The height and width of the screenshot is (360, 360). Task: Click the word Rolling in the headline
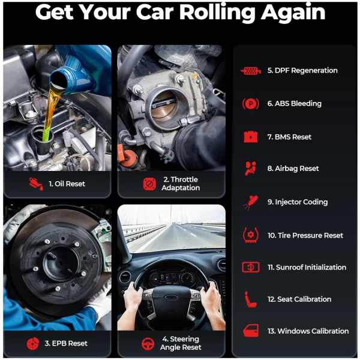[x=217, y=13]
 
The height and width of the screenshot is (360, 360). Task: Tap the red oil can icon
[x=36, y=184]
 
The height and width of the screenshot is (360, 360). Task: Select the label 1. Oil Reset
[x=67, y=184]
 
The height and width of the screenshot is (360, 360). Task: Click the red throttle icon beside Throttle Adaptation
[x=149, y=184]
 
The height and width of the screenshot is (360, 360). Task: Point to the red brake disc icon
[x=33, y=343]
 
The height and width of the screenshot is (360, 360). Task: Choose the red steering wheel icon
[x=148, y=343]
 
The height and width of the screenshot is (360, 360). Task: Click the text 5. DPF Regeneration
[x=302, y=70]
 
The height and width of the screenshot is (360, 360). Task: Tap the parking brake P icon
[x=251, y=104]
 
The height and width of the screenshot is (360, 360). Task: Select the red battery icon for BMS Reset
[x=251, y=137]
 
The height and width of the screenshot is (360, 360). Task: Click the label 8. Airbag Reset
[x=293, y=169]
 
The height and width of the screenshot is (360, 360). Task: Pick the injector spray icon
[x=251, y=202]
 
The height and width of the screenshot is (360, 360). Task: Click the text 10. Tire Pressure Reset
[x=305, y=235]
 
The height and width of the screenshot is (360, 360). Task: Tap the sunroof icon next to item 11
[x=251, y=267]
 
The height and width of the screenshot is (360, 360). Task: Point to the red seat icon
[x=250, y=299]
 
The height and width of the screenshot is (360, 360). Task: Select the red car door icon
[x=251, y=331]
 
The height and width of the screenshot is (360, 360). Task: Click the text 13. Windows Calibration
[x=308, y=331]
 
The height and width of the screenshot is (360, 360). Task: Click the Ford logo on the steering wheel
[x=171, y=298]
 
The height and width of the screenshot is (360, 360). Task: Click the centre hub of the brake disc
[x=60, y=263]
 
